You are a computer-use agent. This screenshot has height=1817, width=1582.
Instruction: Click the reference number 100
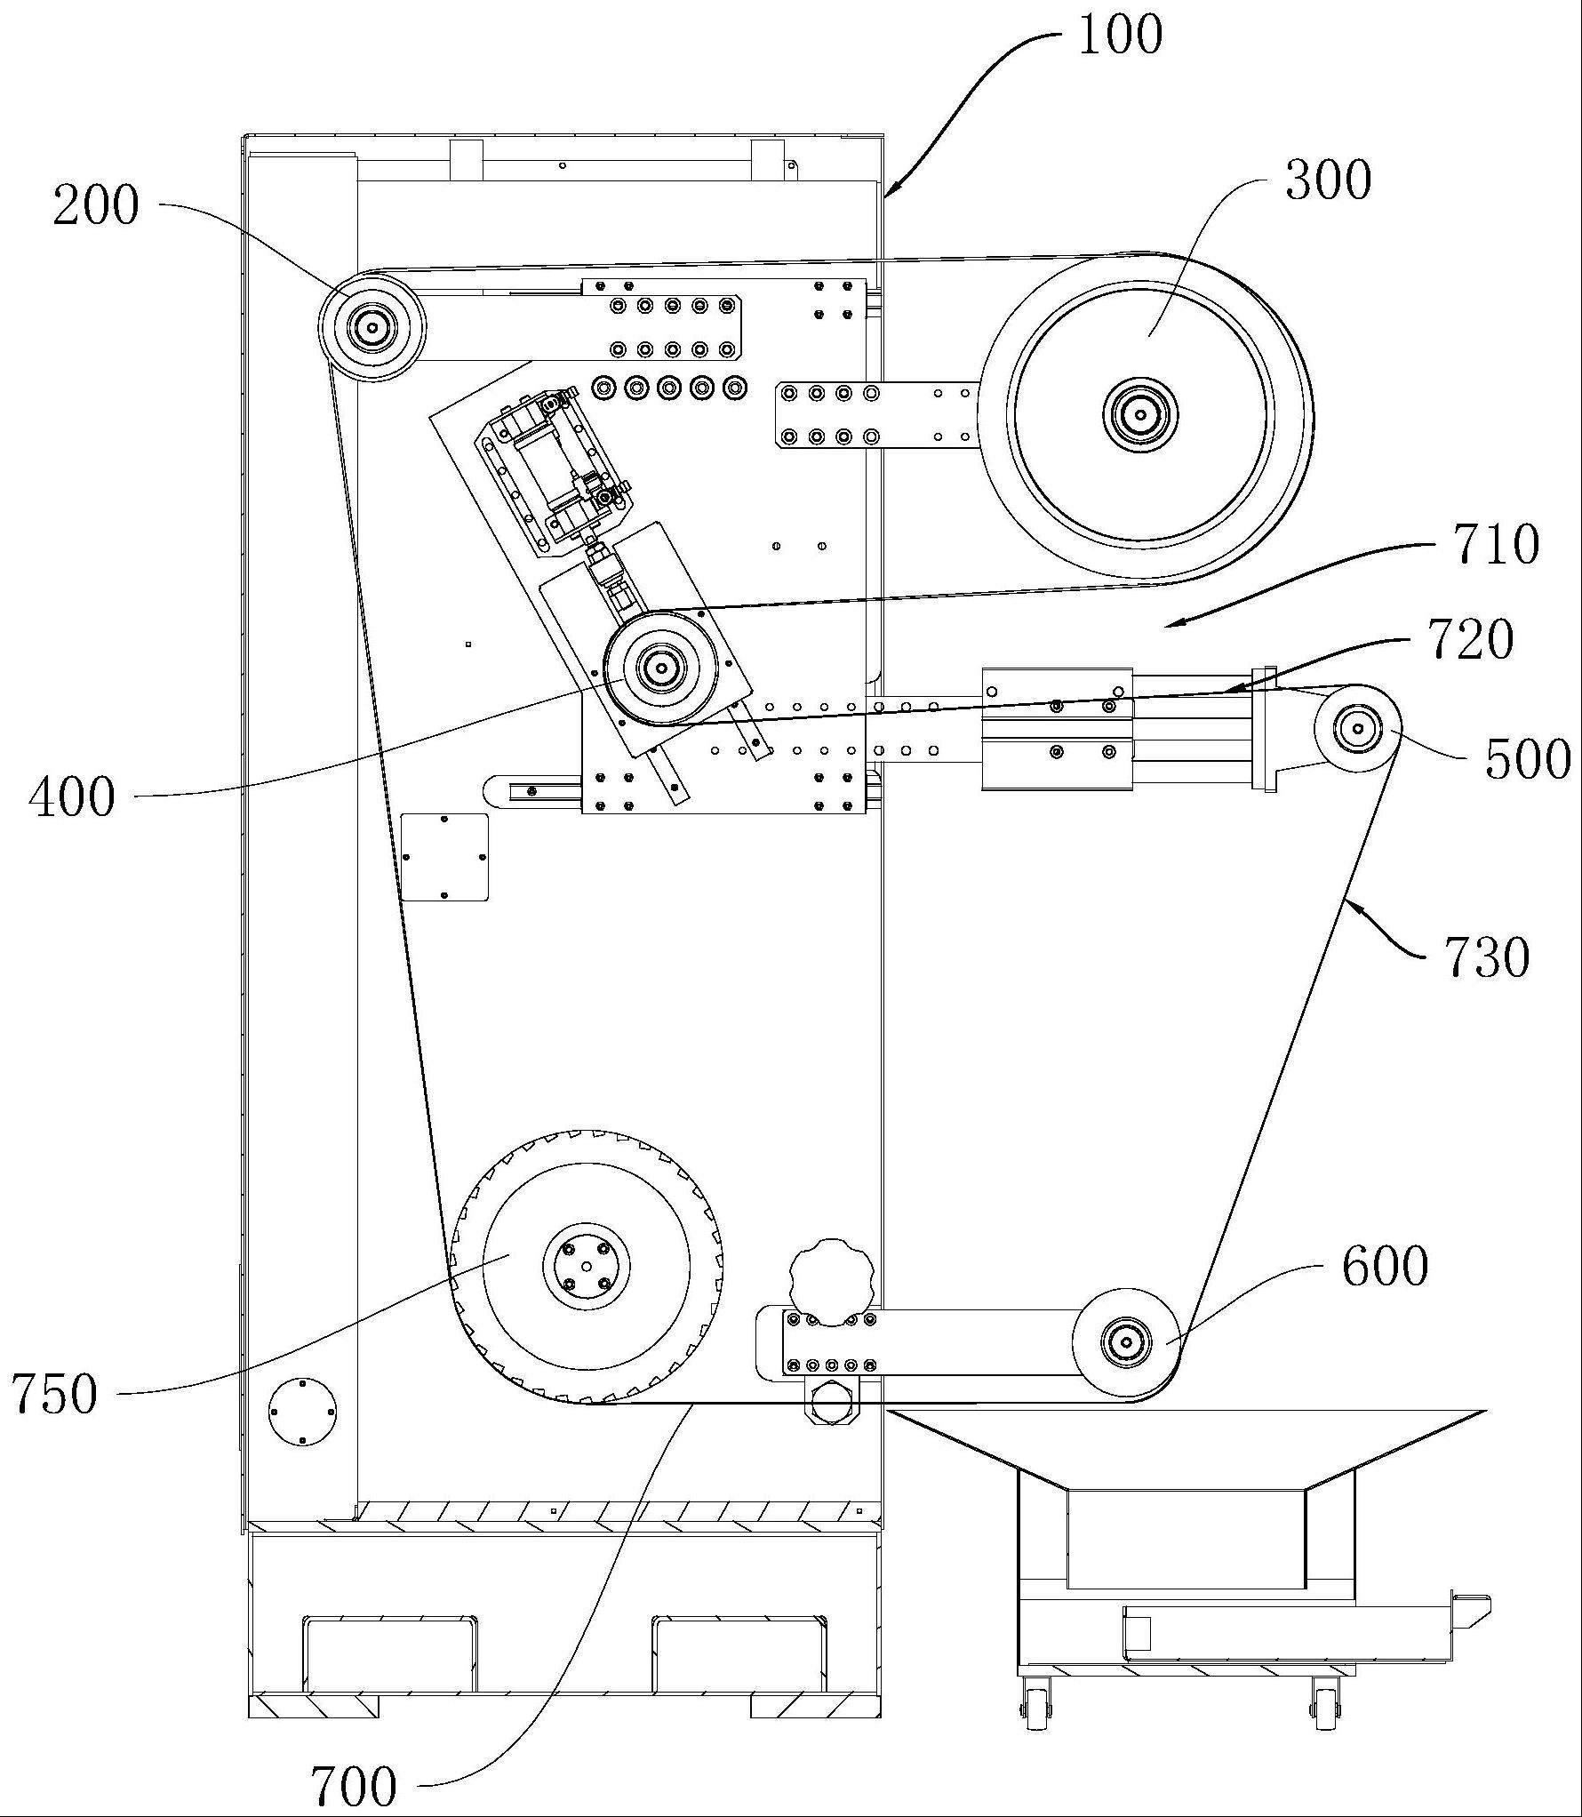click(1120, 35)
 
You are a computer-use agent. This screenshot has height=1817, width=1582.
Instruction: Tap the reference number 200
click(96, 206)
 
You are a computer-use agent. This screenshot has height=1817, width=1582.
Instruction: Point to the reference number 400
click(72, 796)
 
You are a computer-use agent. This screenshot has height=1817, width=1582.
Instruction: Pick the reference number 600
click(1386, 1265)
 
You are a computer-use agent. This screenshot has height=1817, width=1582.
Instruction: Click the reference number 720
click(1471, 639)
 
